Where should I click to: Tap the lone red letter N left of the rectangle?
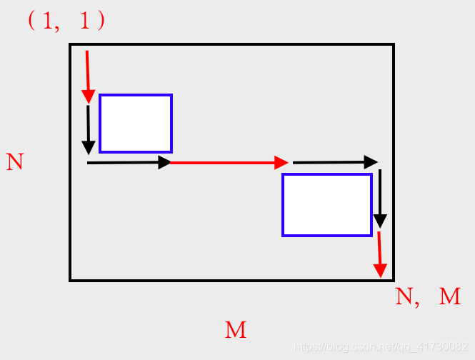15,161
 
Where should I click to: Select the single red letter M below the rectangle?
236,330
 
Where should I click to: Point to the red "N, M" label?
428,296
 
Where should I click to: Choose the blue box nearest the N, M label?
327,204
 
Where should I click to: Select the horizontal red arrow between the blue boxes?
229,163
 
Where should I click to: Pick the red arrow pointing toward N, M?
379,254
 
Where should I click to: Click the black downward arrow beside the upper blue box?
88,129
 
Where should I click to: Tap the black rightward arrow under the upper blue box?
129,163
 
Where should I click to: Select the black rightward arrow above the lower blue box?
334,162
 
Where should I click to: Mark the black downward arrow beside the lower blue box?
381,198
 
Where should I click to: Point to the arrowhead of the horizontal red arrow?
281,163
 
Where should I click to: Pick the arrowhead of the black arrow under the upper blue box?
164,163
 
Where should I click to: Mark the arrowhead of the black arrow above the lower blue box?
371,161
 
